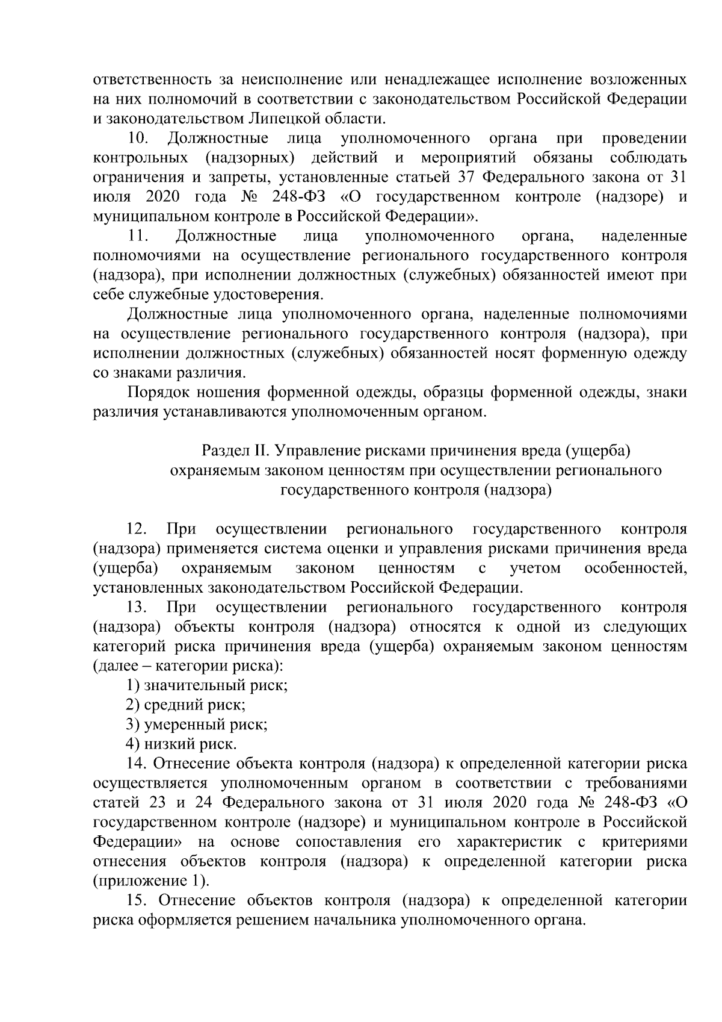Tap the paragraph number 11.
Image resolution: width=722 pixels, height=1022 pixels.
(137, 235)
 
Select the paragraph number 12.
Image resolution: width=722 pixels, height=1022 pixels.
(137, 529)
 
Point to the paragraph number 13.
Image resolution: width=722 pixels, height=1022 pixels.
(137, 607)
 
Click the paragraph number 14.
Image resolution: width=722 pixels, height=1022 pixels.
(137, 764)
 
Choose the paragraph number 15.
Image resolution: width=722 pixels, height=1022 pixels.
(137, 901)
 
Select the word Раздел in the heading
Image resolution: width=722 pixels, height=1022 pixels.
(223, 450)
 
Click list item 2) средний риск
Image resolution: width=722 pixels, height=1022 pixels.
(185, 705)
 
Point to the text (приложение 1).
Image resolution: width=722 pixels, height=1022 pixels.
(152, 881)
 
